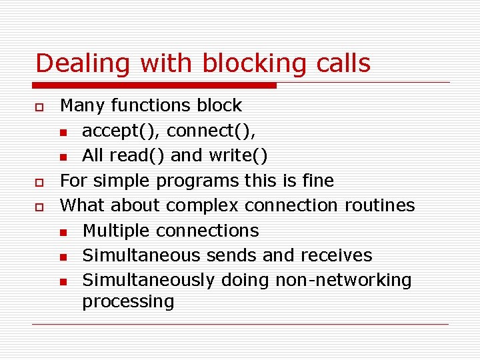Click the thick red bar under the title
156,85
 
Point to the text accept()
121,131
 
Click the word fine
316,181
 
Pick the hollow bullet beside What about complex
40,206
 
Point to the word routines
379,205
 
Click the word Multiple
116,231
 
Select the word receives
337,255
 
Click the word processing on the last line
128,302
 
